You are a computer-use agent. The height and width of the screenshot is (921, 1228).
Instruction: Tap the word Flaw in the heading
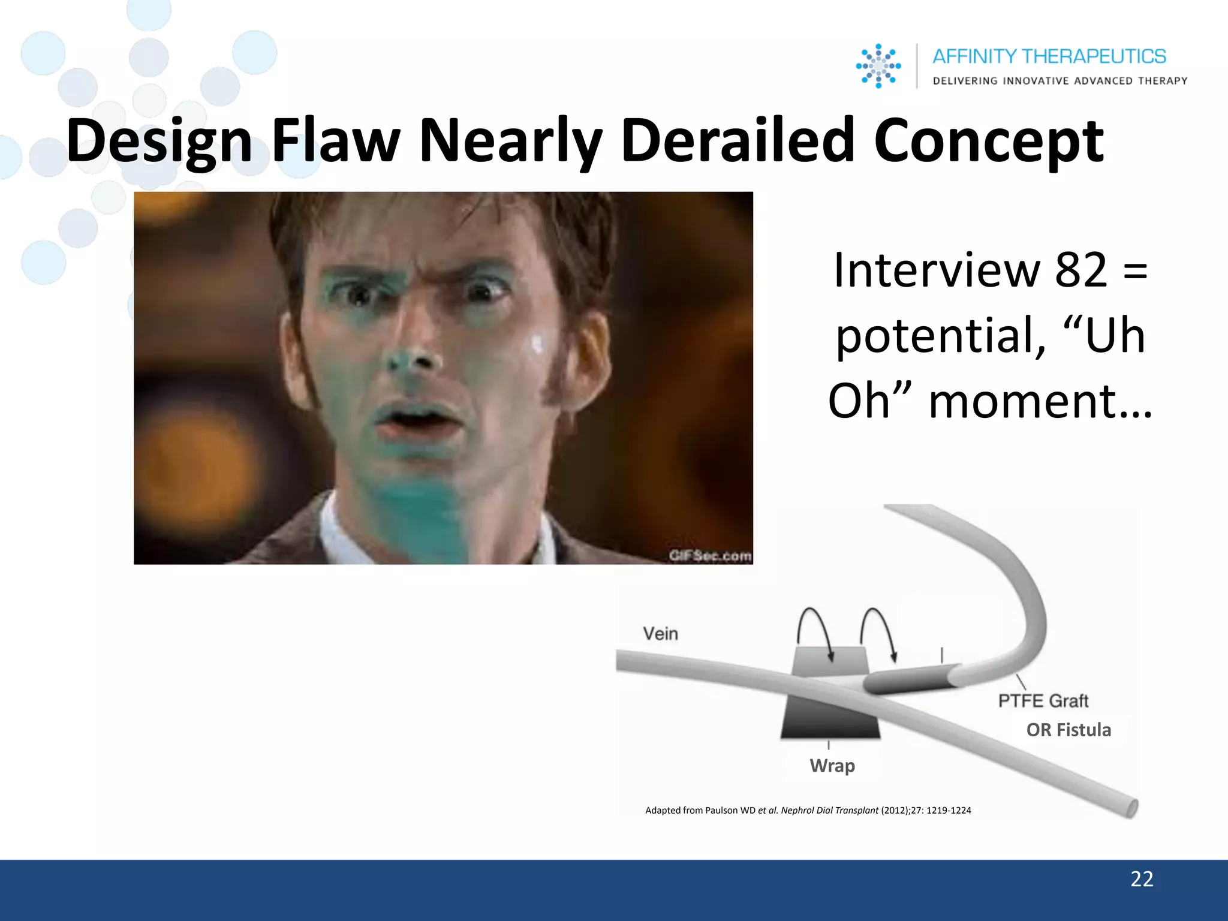(336, 141)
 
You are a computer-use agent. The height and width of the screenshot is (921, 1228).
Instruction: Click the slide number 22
(1142, 879)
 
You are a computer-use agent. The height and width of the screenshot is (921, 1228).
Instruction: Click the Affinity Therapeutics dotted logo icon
(878, 66)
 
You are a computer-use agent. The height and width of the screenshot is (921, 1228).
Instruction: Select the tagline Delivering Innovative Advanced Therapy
(1060, 81)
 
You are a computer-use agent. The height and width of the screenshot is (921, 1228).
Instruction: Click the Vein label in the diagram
(660, 634)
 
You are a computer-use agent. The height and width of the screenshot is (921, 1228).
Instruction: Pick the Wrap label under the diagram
(832, 766)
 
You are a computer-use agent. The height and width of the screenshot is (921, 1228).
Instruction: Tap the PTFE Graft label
(1043, 700)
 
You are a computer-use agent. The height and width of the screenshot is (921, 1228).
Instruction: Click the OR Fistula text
(1069, 730)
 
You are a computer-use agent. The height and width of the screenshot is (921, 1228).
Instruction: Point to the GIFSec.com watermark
(710, 556)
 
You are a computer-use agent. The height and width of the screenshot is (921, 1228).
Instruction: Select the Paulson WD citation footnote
(808, 811)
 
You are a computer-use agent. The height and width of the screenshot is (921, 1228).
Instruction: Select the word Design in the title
(159, 141)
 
